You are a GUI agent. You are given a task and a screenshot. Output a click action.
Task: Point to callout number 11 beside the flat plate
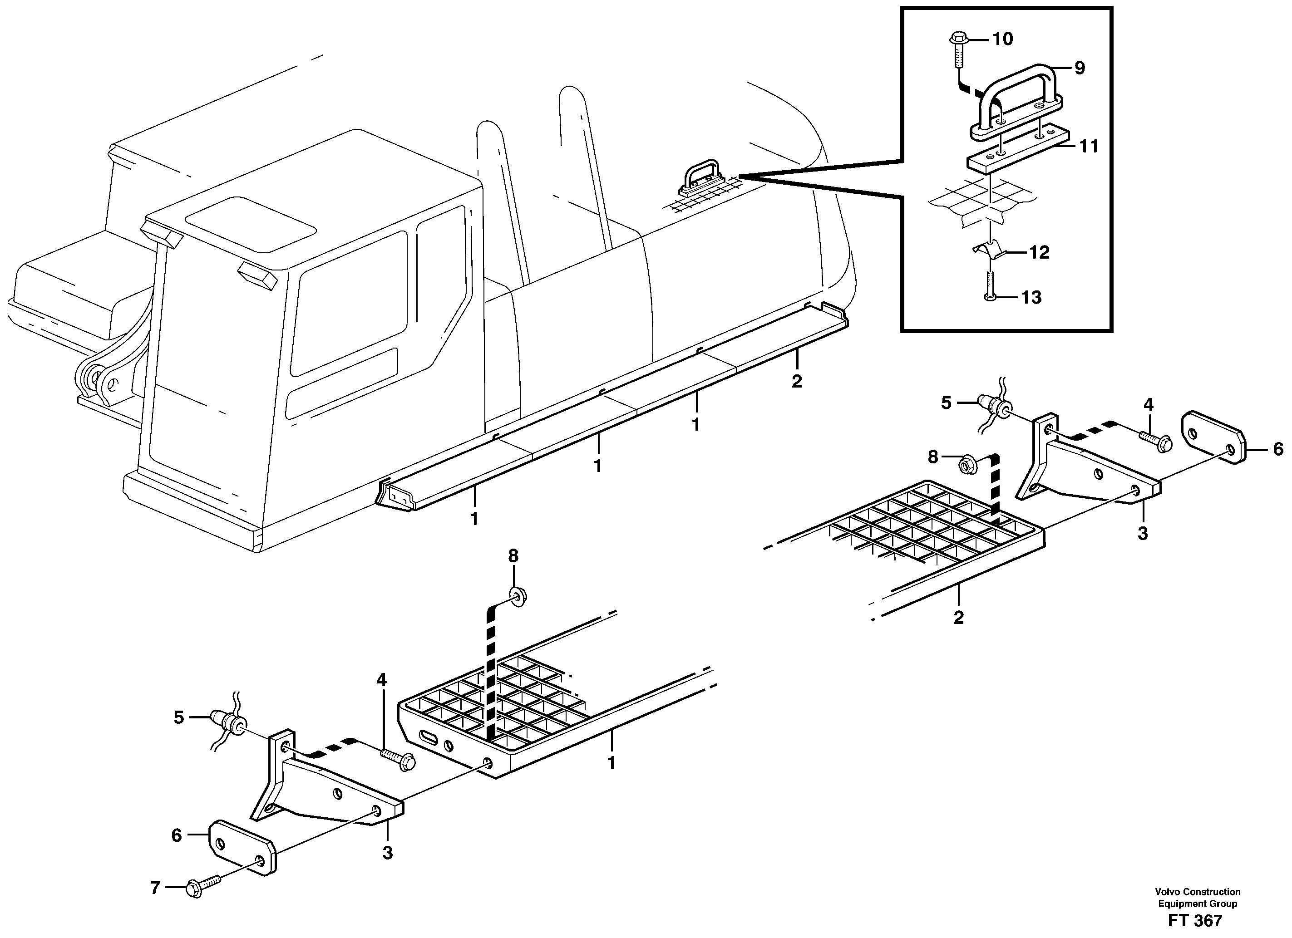pyautogui.click(x=1089, y=147)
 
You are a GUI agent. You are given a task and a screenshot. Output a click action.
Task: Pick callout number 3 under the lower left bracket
pyautogui.click(x=387, y=853)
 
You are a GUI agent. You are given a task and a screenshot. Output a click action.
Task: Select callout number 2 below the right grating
pyautogui.click(x=958, y=617)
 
